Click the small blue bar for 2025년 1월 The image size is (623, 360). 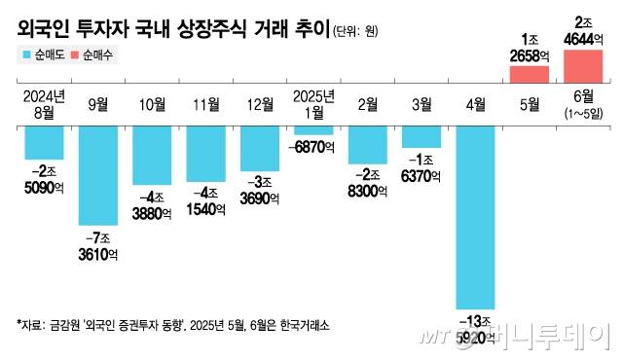pos(313,129)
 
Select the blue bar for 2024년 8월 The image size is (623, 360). pos(44,142)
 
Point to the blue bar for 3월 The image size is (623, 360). pos(421,136)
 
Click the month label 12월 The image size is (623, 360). pos(261,104)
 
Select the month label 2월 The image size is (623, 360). pos(368,104)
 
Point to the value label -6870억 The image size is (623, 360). pos(313,145)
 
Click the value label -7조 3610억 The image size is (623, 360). pos(97,245)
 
